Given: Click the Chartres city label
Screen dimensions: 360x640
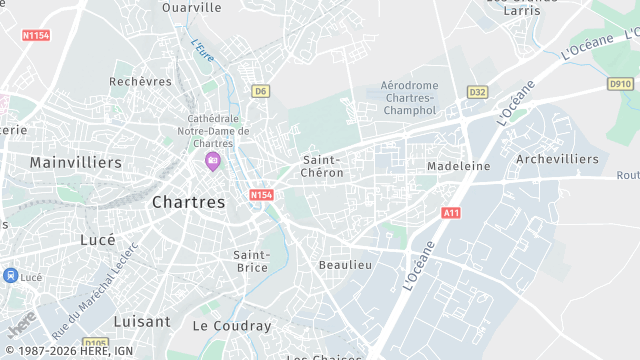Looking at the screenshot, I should pos(189,202).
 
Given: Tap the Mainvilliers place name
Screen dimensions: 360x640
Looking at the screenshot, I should pos(75,162).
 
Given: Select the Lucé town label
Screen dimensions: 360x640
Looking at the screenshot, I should pos(97,240).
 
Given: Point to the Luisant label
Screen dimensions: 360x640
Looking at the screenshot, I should pos(141,322).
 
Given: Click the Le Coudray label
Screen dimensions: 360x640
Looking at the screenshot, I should pos(231,326).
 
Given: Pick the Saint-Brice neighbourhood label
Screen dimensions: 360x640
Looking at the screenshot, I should pos(251,261).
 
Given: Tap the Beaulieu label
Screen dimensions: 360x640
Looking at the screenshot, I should pos(345,265).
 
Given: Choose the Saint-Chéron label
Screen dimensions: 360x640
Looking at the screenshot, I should pos(323,166).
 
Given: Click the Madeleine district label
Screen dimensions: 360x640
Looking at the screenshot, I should pos(458,166).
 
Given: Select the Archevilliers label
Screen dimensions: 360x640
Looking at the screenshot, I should pos(557,159).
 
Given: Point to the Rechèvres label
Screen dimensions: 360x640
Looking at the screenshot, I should pos(136,81).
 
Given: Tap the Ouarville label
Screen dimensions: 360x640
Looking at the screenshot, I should pos(192,7).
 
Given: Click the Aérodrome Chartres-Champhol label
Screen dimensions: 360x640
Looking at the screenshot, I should pos(408,98).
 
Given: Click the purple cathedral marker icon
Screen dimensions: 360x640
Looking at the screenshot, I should pos(211,160).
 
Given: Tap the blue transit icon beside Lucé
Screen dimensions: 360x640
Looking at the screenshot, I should pos(9,276).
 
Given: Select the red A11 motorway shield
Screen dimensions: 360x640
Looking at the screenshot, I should pos(451,213).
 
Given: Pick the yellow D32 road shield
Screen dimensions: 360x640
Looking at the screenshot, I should pos(477,92).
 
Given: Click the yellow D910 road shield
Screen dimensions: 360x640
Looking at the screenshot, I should pos(620,84).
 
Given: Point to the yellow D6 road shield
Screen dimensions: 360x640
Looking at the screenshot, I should pos(260,91).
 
